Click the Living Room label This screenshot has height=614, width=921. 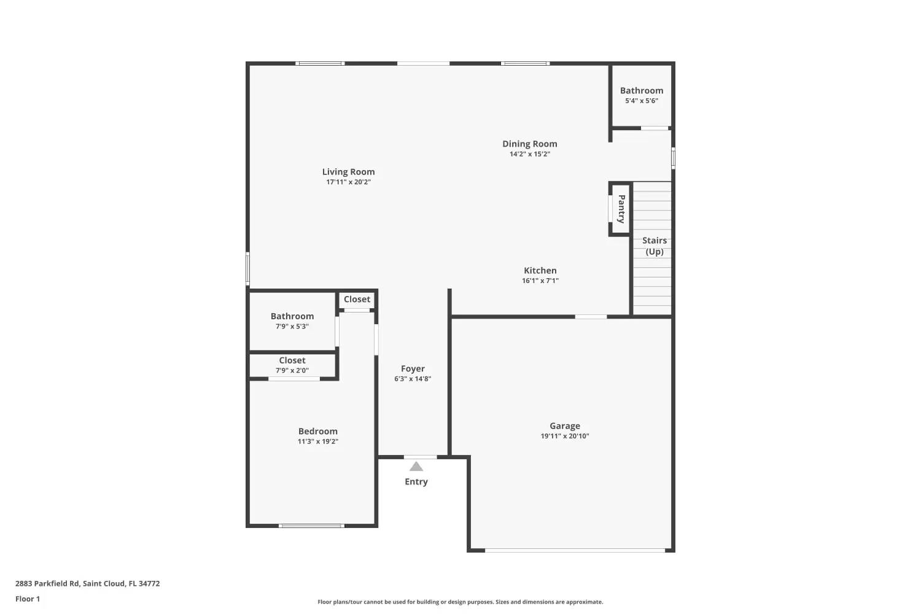348,172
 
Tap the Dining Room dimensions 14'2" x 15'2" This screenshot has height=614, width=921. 529,154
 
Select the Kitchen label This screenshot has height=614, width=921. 540,271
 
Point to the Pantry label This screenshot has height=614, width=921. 621,209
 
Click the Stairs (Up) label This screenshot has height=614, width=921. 654,246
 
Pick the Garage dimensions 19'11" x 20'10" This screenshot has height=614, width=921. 564,437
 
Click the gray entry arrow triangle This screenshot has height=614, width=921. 416,467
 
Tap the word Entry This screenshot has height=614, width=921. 416,481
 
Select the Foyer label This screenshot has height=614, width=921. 413,369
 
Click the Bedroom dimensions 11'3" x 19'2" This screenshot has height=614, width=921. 318,441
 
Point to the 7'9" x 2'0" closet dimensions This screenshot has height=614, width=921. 292,370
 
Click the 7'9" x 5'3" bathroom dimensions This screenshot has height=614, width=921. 292,327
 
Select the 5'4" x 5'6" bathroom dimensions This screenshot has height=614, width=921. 642,101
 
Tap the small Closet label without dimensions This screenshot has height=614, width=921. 357,300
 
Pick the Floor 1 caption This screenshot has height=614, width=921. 28,599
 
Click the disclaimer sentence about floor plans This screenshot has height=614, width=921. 460,602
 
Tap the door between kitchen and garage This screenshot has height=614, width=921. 591,317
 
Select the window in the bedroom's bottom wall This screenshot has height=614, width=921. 312,526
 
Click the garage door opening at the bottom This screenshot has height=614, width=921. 575,550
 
